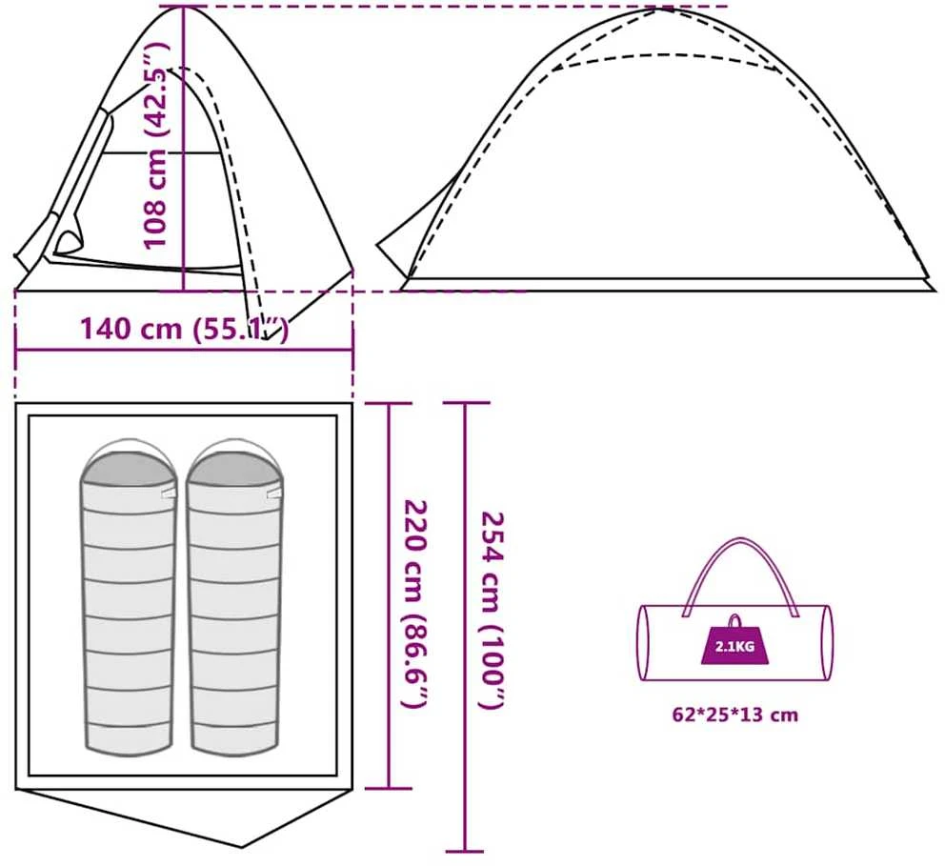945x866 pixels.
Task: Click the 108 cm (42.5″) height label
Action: [155, 145]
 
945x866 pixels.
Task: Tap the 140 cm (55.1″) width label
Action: [185, 329]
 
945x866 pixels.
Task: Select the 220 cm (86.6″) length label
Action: [414, 604]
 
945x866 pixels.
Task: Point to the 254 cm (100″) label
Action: [492, 610]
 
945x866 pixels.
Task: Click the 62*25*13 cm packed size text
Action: [734, 715]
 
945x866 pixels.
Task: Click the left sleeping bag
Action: [129, 596]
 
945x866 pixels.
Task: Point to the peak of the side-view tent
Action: [663, 8]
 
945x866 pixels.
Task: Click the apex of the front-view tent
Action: [183, 7]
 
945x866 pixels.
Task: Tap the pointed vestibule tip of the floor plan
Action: [243, 847]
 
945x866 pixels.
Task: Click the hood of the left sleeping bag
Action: [129, 461]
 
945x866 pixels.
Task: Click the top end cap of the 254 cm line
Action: [465, 403]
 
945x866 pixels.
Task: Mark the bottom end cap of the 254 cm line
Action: [465, 852]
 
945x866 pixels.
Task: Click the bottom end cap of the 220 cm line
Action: [390, 788]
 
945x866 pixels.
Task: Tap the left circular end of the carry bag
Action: [643, 643]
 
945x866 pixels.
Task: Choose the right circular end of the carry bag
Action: [828, 643]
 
